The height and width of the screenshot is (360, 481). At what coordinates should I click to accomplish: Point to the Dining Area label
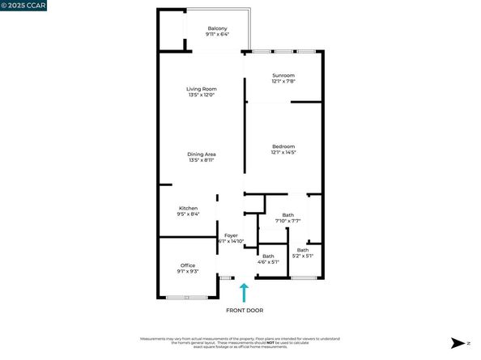[202, 154]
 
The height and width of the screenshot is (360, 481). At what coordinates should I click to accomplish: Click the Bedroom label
[283, 146]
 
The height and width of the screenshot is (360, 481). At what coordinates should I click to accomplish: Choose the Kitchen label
[188, 208]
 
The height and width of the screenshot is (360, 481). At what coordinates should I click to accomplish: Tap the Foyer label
[232, 235]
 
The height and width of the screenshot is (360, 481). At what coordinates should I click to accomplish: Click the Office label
[188, 265]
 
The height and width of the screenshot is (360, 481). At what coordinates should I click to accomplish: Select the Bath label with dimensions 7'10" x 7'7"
[288, 214]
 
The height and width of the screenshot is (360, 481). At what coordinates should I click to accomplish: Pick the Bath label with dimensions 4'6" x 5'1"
[268, 256]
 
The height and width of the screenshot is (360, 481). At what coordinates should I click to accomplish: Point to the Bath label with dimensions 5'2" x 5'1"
[303, 250]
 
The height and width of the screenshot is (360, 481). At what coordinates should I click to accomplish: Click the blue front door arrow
[244, 292]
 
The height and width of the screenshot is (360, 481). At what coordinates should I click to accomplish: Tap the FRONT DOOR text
[244, 310]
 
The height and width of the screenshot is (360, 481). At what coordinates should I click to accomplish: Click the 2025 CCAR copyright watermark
[24, 6]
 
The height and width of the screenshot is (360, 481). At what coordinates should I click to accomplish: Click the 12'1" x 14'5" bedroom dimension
[283, 152]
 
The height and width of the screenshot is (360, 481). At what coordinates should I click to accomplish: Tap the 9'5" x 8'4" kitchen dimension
[188, 214]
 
